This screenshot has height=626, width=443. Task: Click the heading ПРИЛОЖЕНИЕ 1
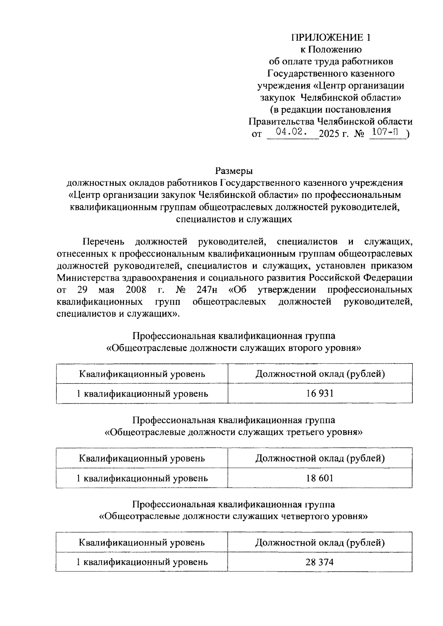point(330,38)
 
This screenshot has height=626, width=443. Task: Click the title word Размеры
point(234,171)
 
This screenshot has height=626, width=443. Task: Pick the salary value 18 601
point(319,478)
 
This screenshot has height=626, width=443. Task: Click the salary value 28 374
point(319,562)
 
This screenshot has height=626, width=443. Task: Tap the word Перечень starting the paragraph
point(103,242)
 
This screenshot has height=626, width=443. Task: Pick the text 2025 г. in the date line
point(334,133)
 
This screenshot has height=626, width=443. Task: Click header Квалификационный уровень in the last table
point(142,542)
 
